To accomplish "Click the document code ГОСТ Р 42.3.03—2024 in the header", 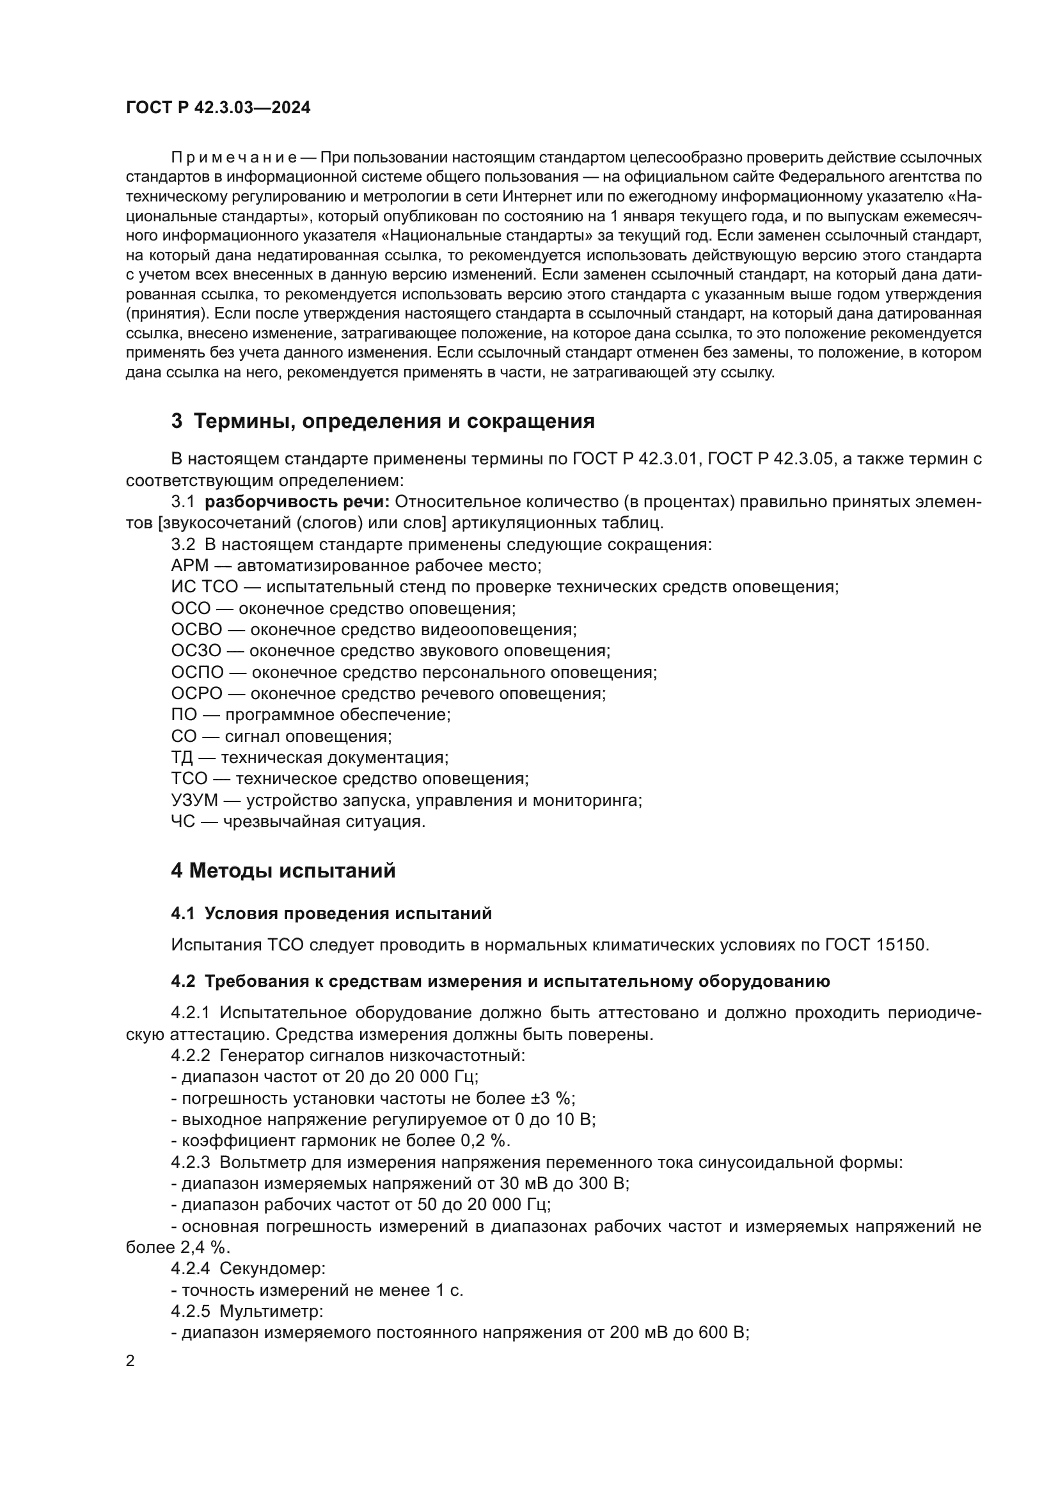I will coord(218,108).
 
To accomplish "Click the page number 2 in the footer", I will coord(130,1361).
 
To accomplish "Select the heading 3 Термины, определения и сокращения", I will coord(383,421).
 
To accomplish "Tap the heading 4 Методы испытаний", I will coord(283,870).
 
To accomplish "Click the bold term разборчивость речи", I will coord(297,501).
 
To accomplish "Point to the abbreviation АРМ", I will coord(189,565).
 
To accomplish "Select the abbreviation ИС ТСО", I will coord(205,587).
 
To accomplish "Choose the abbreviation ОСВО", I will coord(197,630).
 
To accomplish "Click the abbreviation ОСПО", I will coord(198,672).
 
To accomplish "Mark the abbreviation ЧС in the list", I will coord(183,822).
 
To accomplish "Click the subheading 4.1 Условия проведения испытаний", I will coord(331,913).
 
